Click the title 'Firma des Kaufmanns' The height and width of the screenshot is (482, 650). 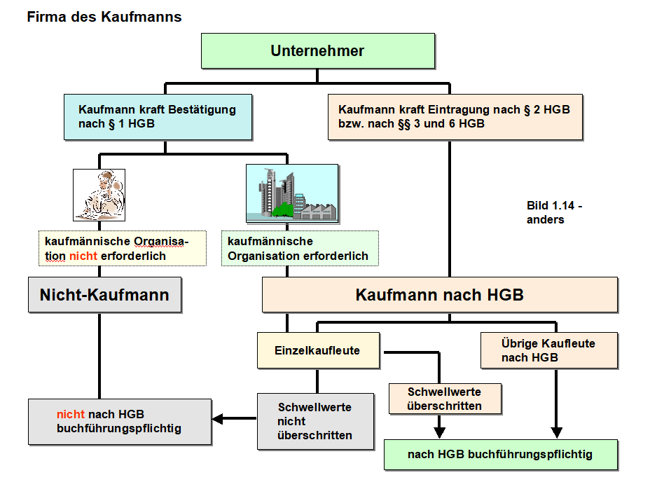coord(104,17)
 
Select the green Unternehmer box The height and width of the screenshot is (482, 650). coord(317,51)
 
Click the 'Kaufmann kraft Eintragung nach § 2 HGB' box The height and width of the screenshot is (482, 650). coord(455,116)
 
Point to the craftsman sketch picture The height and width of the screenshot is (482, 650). coord(99,195)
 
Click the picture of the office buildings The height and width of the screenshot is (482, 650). coord(292,193)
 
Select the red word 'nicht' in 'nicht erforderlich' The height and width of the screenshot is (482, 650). coord(83,256)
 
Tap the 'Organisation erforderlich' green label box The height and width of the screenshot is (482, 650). coord(299,249)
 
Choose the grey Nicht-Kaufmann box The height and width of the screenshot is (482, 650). coord(104,295)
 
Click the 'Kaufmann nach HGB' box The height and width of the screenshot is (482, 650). coord(439,295)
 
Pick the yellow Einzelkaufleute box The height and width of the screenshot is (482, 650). coord(318,350)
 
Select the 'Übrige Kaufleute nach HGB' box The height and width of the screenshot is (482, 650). coord(548,350)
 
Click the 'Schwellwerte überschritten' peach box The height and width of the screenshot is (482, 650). coord(444,399)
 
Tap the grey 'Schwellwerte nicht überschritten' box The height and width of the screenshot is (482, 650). coord(314,421)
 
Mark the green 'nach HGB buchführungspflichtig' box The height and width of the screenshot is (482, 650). coord(500,455)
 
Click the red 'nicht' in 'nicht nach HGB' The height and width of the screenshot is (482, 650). coord(71,414)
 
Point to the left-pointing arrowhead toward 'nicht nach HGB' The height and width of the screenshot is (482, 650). coord(218,419)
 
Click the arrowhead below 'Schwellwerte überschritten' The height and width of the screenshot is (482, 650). coord(439,431)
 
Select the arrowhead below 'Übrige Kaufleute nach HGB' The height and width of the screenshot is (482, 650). coord(558,431)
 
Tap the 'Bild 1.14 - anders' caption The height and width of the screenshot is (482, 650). coord(554,212)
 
